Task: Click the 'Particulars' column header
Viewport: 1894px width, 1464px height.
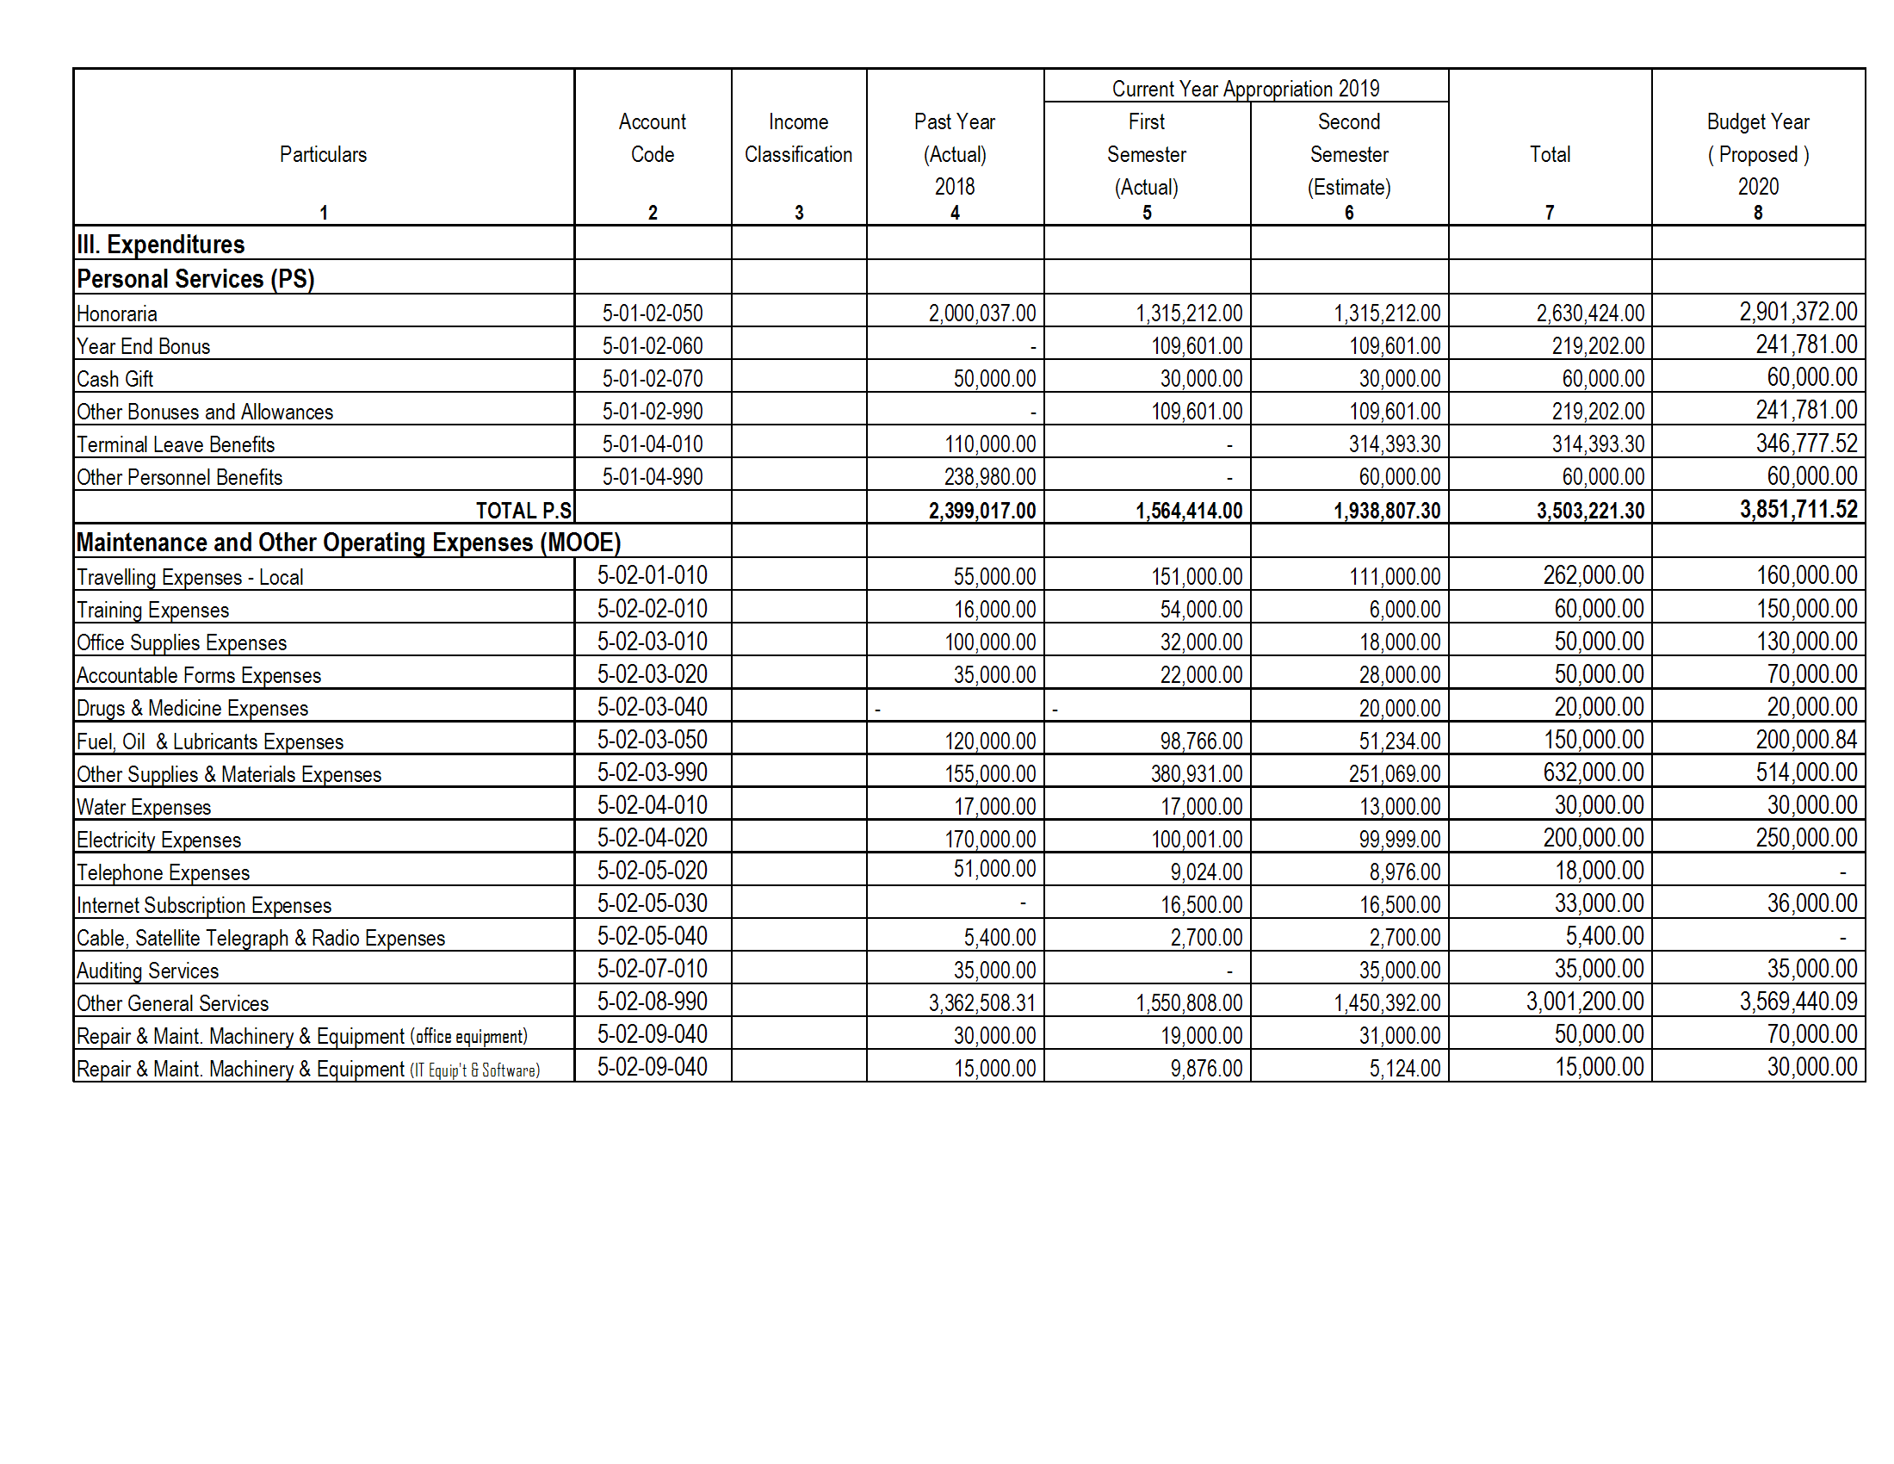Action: [323, 154]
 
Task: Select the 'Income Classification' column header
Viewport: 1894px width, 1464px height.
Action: [798, 139]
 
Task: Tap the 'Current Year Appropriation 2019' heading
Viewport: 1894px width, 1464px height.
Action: [1246, 89]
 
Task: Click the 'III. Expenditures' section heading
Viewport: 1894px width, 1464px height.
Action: [160, 245]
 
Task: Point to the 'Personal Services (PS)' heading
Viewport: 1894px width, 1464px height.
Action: [195, 279]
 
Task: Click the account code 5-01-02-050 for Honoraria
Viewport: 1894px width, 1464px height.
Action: [653, 313]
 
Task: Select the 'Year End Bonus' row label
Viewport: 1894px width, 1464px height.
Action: [143, 347]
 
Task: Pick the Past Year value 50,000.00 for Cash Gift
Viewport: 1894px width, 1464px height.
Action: [993, 379]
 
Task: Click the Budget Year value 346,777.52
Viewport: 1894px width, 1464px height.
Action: [1806, 444]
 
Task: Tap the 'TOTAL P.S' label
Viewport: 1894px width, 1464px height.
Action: [523, 511]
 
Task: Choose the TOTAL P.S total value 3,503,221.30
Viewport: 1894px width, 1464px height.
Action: [1589, 511]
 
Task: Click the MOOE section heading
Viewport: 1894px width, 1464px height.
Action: [349, 543]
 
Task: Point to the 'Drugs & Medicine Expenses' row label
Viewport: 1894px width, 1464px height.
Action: [192, 709]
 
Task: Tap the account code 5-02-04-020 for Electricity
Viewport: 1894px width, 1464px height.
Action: [653, 838]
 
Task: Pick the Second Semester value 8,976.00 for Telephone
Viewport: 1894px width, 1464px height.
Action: [1404, 872]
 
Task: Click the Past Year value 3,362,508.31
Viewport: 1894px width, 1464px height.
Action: [981, 1003]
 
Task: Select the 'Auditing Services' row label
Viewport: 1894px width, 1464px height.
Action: [147, 971]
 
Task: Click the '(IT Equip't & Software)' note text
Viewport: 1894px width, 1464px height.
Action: [474, 1070]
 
